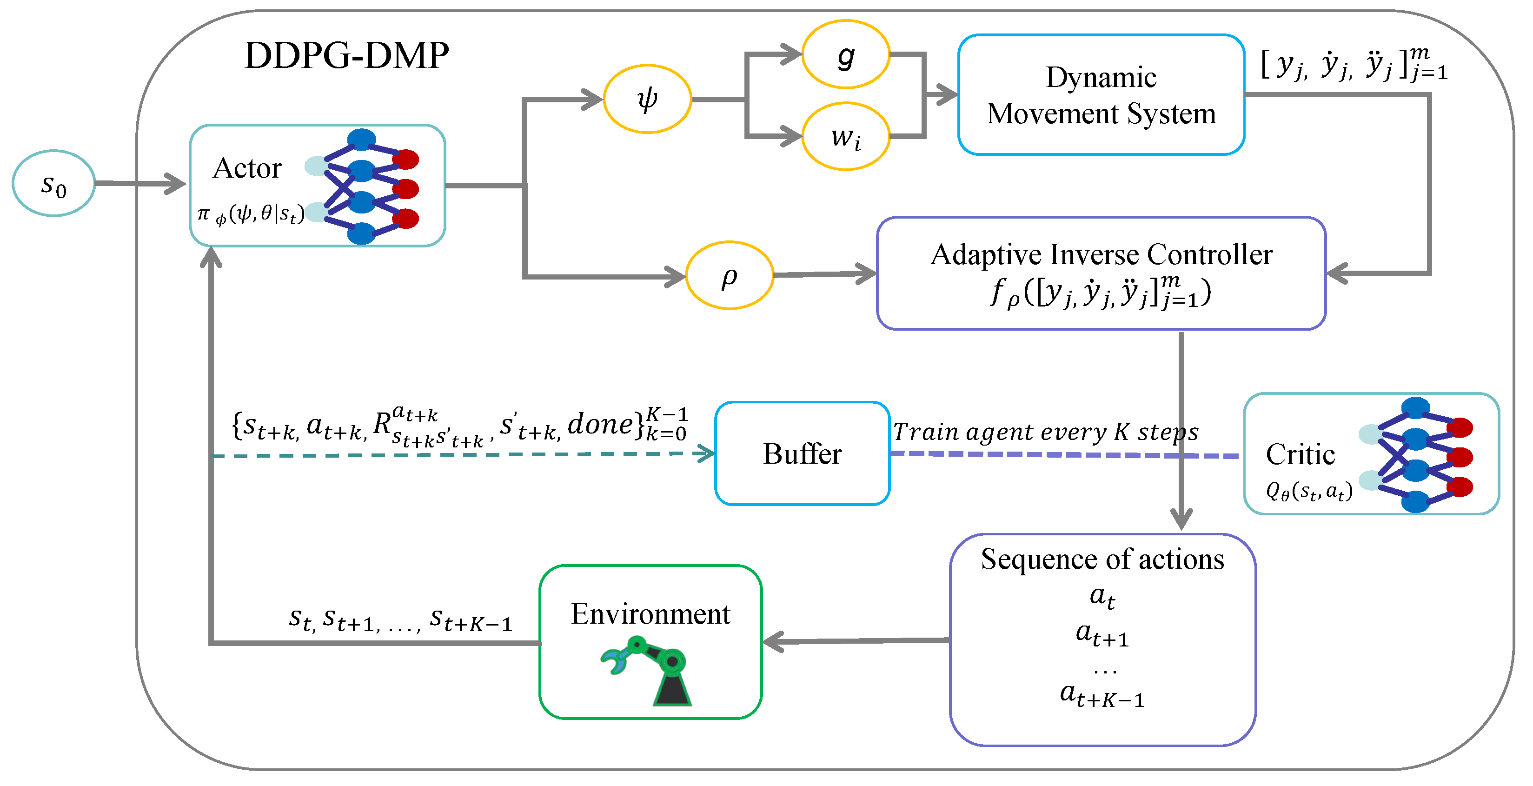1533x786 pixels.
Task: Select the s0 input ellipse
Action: click(x=53, y=183)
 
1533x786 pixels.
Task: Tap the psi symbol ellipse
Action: click(x=647, y=99)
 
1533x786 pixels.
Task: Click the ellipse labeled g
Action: click(x=846, y=55)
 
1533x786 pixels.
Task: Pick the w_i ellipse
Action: click(x=846, y=137)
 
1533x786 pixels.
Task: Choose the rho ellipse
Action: click(x=730, y=275)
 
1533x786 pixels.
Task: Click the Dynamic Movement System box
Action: click(x=1101, y=95)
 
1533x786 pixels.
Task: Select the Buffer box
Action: click(x=802, y=454)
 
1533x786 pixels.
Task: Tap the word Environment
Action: click(x=650, y=614)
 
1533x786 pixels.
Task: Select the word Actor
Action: click(x=247, y=168)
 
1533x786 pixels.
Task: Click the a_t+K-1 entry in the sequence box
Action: click(x=1102, y=695)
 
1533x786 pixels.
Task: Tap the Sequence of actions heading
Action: click(x=1102, y=559)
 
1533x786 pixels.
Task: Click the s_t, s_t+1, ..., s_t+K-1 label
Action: click(x=400, y=619)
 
